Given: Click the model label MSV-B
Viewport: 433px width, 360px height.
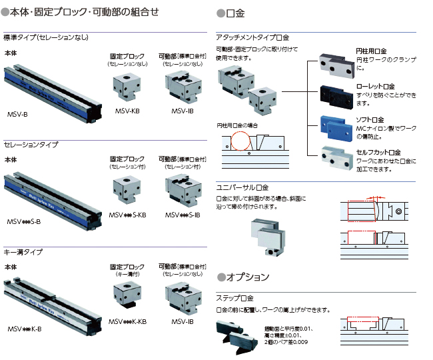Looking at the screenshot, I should point(17,115).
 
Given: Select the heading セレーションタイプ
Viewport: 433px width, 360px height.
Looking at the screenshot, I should point(31,144).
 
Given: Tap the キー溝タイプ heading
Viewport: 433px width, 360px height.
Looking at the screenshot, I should point(23,252).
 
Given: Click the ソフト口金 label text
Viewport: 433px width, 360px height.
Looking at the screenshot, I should point(371,119).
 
